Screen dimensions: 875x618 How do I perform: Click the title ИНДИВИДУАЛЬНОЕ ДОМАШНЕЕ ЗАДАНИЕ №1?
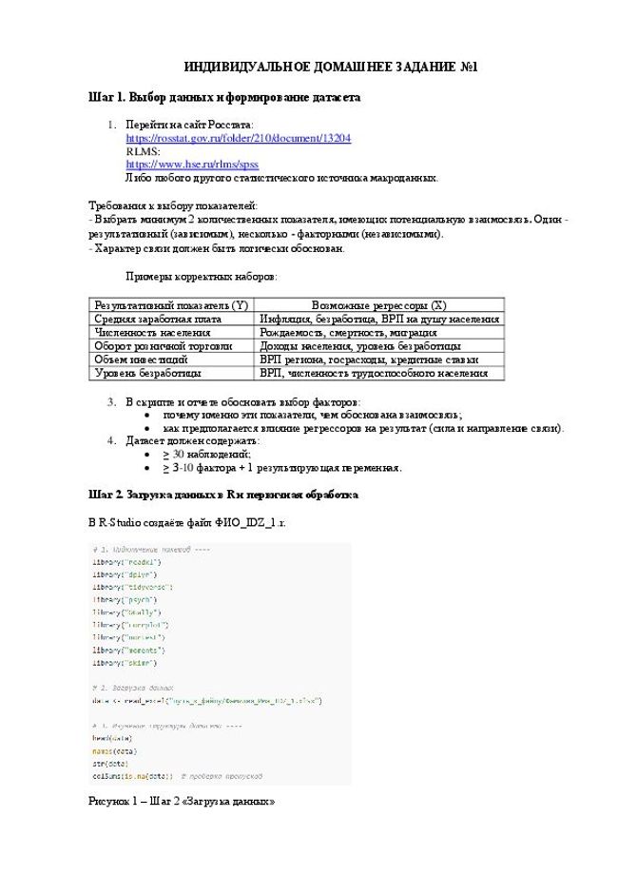pyautogui.click(x=330, y=68)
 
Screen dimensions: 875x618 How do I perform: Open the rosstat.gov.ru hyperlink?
pyautogui.click(x=238, y=138)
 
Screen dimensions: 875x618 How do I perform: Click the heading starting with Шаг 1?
pyautogui.click(x=223, y=97)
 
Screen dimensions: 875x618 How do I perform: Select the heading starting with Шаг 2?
pyautogui.click(x=222, y=496)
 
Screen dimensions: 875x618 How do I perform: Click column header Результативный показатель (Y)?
pyautogui.click(x=171, y=305)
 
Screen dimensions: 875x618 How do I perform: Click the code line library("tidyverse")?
pyautogui.click(x=132, y=588)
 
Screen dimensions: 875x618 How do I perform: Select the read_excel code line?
pyautogui.click(x=206, y=700)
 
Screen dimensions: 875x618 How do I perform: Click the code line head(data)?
pyautogui.click(x=112, y=737)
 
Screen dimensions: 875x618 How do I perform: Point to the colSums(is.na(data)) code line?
pyautogui.click(x=133, y=775)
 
